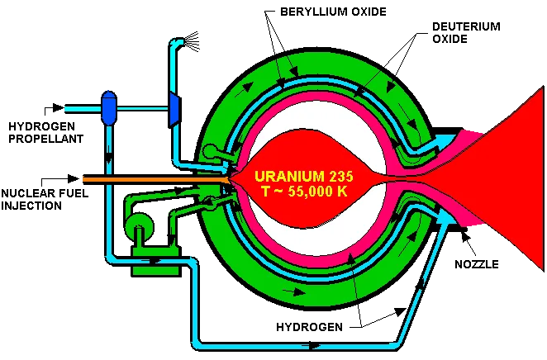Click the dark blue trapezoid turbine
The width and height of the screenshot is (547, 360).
click(x=174, y=108)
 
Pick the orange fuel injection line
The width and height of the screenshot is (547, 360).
click(x=149, y=178)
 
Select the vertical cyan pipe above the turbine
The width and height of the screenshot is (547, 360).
click(x=173, y=66)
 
